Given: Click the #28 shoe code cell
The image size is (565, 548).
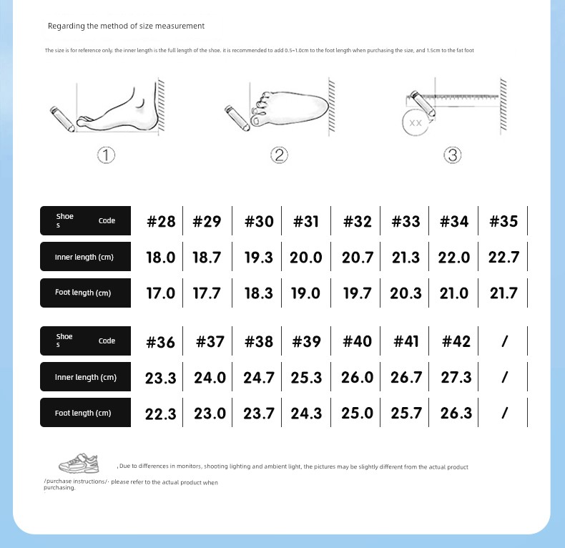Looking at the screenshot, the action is [161, 221].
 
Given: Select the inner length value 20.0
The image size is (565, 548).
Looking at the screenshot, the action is [306, 258].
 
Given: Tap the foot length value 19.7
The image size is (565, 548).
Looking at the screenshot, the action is [357, 293].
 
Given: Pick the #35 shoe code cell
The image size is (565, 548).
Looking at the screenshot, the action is [503, 221].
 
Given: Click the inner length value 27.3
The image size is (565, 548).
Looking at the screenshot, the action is [456, 378].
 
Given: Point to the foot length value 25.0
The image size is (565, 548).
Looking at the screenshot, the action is [357, 414].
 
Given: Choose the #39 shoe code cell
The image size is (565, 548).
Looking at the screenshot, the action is [306, 341].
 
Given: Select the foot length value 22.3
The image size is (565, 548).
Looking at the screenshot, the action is [161, 414].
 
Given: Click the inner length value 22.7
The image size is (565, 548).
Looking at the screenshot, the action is [503, 257].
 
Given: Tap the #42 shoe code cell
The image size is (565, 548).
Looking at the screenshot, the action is [456, 341].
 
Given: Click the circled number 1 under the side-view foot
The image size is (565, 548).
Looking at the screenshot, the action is [106, 155].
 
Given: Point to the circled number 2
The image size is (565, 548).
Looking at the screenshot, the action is [279, 155].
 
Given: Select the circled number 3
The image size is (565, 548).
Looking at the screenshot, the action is [453, 155].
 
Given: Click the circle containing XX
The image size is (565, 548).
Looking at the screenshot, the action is [416, 122].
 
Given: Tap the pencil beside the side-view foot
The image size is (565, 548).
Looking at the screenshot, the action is [62, 119].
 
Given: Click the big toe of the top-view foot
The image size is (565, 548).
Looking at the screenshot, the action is [257, 120].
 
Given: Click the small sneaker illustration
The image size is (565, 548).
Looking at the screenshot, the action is [79, 464].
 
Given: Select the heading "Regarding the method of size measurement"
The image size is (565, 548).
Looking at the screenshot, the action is [126, 26].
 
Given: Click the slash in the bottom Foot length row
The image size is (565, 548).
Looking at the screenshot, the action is [504, 414].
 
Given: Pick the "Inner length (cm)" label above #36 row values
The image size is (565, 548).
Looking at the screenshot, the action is [86, 377].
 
